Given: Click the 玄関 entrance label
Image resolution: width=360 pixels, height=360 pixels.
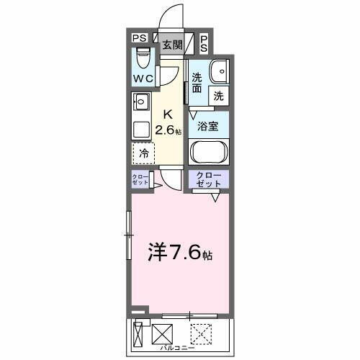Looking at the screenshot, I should [x=171, y=45].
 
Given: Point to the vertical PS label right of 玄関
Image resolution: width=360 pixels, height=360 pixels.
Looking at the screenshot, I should [x=204, y=43].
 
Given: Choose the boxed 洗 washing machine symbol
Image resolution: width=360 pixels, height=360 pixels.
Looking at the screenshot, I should [x=218, y=95].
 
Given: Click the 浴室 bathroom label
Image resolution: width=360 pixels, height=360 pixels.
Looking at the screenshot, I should [x=208, y=125].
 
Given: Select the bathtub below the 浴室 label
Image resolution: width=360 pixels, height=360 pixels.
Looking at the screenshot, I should [x=209, y=153].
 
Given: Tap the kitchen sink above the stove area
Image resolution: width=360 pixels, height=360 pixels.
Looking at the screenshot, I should [x=141, y=101].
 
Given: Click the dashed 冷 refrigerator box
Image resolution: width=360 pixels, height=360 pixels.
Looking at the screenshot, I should [x=144, y=153].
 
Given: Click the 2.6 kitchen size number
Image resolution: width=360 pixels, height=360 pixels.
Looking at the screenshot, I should [x=170, y=130].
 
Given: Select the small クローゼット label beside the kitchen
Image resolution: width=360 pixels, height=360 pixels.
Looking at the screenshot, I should [x=140, y=180].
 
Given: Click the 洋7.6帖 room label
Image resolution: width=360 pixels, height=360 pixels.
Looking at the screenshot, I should [x=181, y=253].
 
